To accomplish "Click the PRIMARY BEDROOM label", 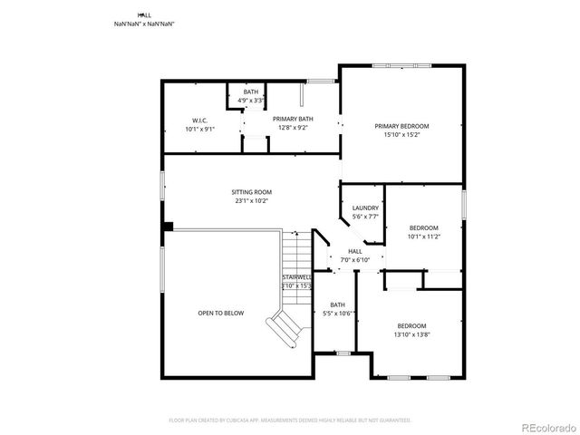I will click(401, 126).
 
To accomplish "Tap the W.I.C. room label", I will click(199, 121).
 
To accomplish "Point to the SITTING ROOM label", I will click(251, 192).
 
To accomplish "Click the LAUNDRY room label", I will click(365, 208).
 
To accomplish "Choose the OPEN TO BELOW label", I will click(221, 313).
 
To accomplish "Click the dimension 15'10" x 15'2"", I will click(401, 135).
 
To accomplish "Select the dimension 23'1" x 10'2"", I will click(251, 201).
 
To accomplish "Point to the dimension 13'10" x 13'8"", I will click(411, 334).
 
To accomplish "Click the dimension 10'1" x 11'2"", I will click(423, 237).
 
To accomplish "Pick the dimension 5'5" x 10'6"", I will click(337, 314).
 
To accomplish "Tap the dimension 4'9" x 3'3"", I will click(251, 101).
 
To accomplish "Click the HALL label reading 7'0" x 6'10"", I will click(354, 260).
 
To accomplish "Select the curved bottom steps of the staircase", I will click(285, 330).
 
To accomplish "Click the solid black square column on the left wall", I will click(168, 227).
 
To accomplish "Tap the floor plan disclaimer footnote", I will click(289, 420).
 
